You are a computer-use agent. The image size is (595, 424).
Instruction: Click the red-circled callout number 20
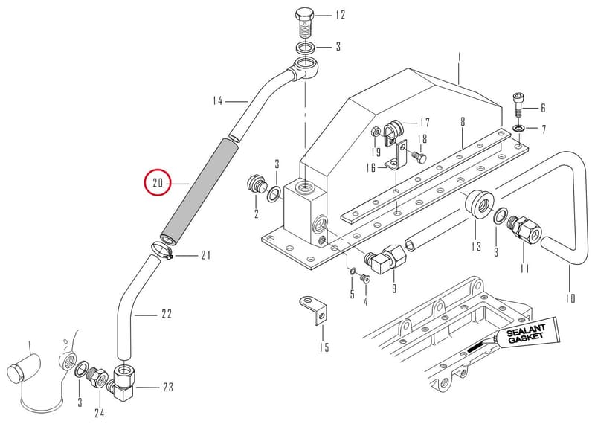[158, 183]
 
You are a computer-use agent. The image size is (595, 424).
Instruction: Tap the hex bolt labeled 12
[305, 22]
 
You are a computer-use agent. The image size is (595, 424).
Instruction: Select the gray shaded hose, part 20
[199, 193]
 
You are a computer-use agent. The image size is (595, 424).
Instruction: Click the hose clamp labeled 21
[161, 251]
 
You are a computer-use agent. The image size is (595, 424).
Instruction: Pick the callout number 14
[217, 101]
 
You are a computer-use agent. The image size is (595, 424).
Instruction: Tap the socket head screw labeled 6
[518, 104]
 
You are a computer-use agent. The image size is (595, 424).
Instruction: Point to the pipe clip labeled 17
[393, 132]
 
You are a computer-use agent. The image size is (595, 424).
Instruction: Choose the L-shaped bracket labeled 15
[314, 309]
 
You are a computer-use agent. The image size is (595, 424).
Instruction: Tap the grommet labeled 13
[479, 205]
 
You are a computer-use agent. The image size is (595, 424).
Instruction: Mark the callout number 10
[570, 298]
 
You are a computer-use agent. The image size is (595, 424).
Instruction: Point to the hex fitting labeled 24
[98, 377]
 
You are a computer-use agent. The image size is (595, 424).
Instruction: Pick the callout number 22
[167, 314]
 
